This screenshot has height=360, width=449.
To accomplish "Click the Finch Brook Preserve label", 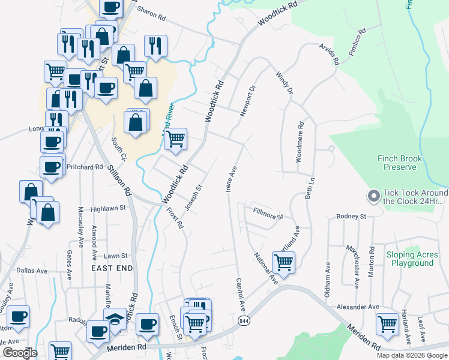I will [400, 163].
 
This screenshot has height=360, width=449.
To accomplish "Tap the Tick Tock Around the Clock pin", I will [373, 197].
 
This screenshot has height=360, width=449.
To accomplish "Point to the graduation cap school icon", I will [115, 320].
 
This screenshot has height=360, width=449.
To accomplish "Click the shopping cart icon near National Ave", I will [283, 262].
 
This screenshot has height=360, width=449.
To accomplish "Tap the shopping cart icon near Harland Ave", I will [388, 324].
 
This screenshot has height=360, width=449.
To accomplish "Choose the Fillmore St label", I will [268, 212].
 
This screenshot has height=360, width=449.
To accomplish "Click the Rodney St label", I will [351, 216].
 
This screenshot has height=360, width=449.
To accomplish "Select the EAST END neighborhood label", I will [112, 268].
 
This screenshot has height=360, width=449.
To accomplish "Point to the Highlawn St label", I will [107, 209].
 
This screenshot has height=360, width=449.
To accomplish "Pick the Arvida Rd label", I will [330, 54].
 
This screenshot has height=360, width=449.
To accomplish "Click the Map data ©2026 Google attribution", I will [412, 355].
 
